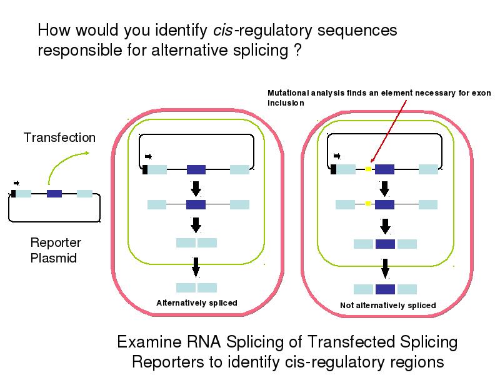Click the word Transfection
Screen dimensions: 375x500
pos(59,137)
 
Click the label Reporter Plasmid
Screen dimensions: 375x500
pos(56,250)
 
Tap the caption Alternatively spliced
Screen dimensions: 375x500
pos(196,303)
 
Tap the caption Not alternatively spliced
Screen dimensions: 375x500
pos(387,306)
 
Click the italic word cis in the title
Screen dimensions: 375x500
pos(224,30)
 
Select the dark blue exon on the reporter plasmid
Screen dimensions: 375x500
pos(54,194)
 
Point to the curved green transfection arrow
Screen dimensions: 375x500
pos(62,167)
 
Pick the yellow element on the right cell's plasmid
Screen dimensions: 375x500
pos(368,169)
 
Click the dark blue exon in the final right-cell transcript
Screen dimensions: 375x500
pos(385,289)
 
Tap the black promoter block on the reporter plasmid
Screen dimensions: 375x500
pos(14,194)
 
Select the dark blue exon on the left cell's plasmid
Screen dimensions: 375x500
pos(196,169)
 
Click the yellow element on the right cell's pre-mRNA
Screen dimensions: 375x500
pos(368,204)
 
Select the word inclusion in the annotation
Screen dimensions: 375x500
pos(286,102)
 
